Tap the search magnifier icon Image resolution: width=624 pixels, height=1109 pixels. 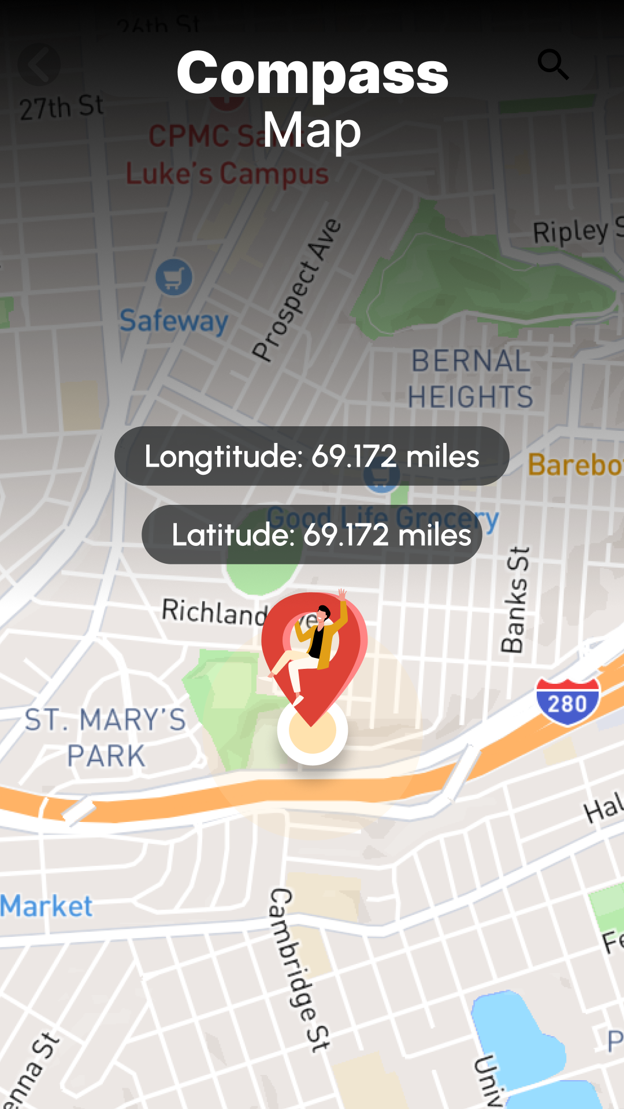pyautogui.click(x=553, y=64)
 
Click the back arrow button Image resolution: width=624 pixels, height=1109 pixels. pyautogui.click(x=39, y=65)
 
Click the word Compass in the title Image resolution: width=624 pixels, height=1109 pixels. pyautogui.click(x=312, y=74)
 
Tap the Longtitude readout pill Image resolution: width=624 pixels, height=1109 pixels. pyautogui.click(x=312, y=456)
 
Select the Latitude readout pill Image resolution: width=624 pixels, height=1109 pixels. pyautogui.click(x=312, y=534)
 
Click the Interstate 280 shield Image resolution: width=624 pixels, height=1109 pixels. pyautogui.click(x=567, y=702)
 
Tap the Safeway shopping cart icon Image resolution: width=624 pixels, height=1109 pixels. pyautogui.click(x=174, y=277)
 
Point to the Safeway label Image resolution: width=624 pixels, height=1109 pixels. pyautogui.click(x=174, y=321)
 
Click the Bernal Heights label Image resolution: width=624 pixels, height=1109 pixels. pyautogui.click(x=470, y=379)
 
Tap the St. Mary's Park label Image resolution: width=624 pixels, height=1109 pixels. pyautogui.click(x=106, y=738)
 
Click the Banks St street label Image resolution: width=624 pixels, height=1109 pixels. pyautogui.click(x=515, y=600)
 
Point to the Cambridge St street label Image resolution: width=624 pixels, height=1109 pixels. pyautogui.click(x=299, y=970)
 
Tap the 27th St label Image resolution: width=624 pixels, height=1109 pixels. pyautogui.click(x=61, y=107)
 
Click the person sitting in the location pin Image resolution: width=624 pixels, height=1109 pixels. pyautogui.click(x=312, y=644)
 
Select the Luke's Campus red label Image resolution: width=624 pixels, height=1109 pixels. pyautogui.click(x=227, y=174)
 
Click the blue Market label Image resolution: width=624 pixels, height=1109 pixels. pyautogui.click(x=46, y=906)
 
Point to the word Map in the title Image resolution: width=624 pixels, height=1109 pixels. pyautogui.click(x=312, y=131)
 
